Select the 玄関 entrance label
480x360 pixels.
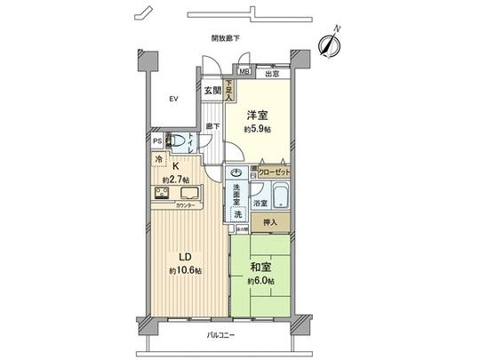pyautogui.click(x=212, y=90)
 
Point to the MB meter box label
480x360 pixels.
pyautogui.click(x=243, y=73)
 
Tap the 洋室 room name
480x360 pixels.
pyautogui.click(x=258, y=115)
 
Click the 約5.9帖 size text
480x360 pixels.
pyautogui.click(x=258, y=129)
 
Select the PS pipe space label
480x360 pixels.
pyautogui.click(x=156, y=140)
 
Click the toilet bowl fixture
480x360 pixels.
pyautogui.click(x=180, y=140)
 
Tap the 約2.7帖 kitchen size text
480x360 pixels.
pyautogui.click(x=174, y=180)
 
